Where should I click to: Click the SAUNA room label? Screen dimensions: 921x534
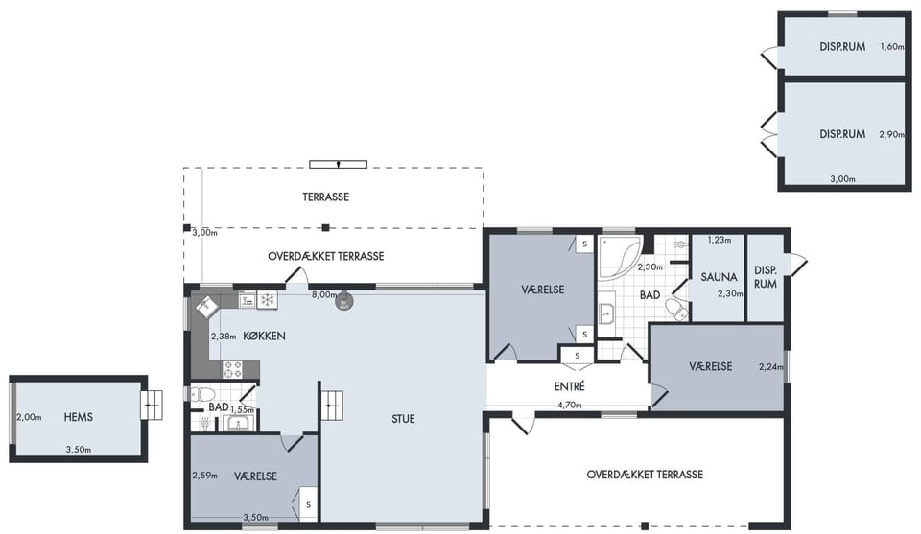pyautogui.click(x=719, y=277)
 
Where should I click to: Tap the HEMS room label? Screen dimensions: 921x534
pyautogui.click(x=78, y=417)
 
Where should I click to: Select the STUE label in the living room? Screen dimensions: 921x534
pyautogui.click(x=403, y=419)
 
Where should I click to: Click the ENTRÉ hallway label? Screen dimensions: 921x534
pyautogui.click(x=569, y=386)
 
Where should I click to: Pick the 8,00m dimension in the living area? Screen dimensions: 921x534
pyautogui.click(x=324, y=295)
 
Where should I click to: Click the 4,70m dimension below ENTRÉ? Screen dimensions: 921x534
pyautogui.click(x=569, y=405)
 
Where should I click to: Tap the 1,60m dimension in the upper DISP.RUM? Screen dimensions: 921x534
pyautogui.click(x=891, y=46)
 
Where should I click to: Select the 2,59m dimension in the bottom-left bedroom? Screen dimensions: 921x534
pyautogui.click(x=204, y=476)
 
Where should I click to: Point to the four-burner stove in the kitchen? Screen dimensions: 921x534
pyautogui.click(x=232, y=370)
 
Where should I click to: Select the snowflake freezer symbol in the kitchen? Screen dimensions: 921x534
pyautogui.click(x=268, y=300)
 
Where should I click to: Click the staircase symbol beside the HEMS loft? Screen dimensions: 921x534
pyautogui.click(x=152, y=406)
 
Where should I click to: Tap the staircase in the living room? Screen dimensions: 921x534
pyautogui.click(x=332, y=406)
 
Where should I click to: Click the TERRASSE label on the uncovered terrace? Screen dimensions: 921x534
pyautogui.click(x=326, y=197)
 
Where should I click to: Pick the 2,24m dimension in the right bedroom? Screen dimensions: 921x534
pyautogui.click(x=771, y=367)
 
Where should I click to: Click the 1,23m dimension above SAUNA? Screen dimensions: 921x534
pyautogui.click(x=719, y=240)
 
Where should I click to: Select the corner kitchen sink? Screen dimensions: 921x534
pyautogui.click(x=205, y=306)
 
